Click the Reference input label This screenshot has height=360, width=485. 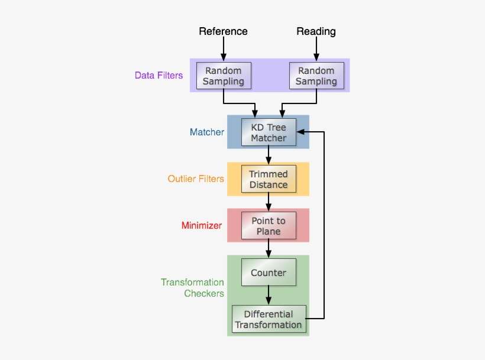click(223, 31)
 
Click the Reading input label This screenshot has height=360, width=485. click(316, 31)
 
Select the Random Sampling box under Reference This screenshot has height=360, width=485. click(224, 76)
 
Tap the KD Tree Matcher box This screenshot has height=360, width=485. click(269, 132)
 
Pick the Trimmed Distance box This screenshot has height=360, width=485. click(269, 179)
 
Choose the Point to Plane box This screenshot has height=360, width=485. click(269, 226)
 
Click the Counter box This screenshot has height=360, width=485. click(269, 273)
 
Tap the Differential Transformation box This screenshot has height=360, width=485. click(269, 319)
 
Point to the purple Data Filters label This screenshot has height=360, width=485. click(159, 76)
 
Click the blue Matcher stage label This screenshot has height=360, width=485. click(206, 132)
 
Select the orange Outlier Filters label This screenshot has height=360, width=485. click(195, 179)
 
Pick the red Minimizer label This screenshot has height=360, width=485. click(201, 226)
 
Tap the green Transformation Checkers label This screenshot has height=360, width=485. click(192, 288)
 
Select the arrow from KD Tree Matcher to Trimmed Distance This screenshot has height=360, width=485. click(269, 155)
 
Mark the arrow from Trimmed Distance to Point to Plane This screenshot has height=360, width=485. click(269, 202)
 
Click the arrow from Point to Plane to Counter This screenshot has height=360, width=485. click(269, 249)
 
